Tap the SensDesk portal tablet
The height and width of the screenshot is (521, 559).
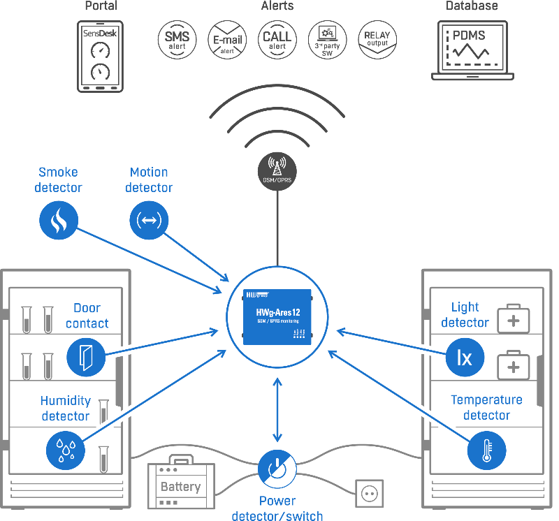(x=100, y=57)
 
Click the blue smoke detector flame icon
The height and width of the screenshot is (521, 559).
(x=59, y=221)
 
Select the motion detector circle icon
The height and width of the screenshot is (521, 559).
(x=149, y=221)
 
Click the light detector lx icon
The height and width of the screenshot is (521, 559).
(x=465, y=358)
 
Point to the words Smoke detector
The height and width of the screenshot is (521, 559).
(x=59, y=179)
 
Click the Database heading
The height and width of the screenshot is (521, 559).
(x=472, y=6)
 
